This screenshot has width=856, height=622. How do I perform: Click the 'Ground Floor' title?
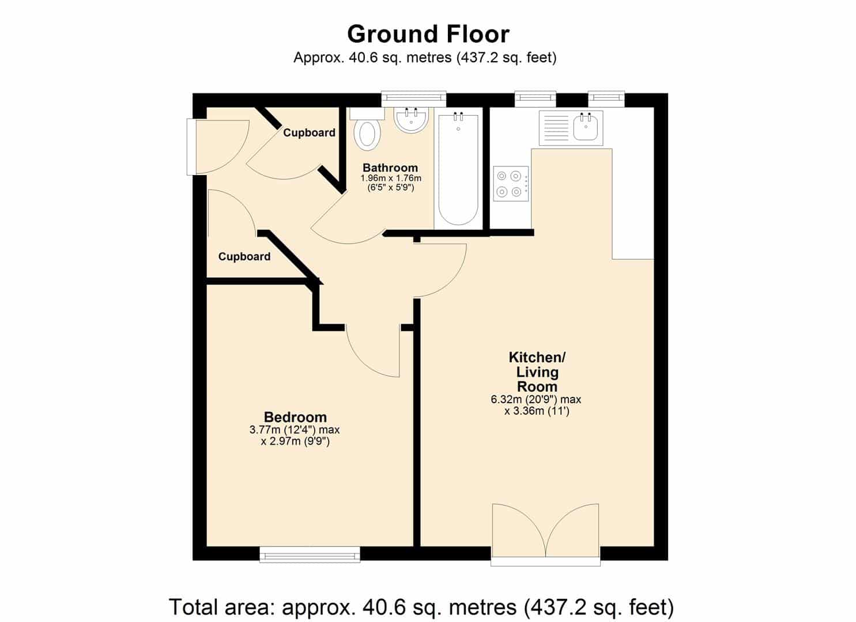click(x=428, y=35)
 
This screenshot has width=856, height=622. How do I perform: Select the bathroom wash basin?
click(x=411, y=120)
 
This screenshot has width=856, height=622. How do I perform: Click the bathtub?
click(x=458, y=169)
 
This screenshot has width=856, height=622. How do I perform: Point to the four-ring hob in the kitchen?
click(x=511, y=184)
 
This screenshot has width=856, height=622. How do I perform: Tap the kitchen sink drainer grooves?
click(x=556, y=128)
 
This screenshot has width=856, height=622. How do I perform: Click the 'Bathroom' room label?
click(x=390, y=168)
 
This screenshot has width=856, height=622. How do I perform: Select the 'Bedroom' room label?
click(x=295, y=416)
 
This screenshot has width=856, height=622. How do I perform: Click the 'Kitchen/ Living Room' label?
click(x=537, y=372)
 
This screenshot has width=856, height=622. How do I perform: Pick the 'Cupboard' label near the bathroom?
click(x=309, y=132)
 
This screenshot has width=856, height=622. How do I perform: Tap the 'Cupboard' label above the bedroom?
click(x=244, y=256)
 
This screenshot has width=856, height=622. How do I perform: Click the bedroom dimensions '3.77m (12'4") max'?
click(x=295, y=430)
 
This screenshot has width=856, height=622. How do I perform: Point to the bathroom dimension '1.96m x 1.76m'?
click(x=391, y=179)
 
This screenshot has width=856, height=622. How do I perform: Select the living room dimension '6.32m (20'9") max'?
click(x=536, y=400)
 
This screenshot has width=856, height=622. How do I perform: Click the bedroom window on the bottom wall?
click(x=310, y=555)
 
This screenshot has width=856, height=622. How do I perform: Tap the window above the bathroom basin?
click(x=414, y=99)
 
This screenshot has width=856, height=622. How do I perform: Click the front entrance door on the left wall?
click(x=218, y=147)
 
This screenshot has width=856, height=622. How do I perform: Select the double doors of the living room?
click(x=545, y=534)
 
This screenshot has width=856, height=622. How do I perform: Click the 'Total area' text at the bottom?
click(x=421, y=607)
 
